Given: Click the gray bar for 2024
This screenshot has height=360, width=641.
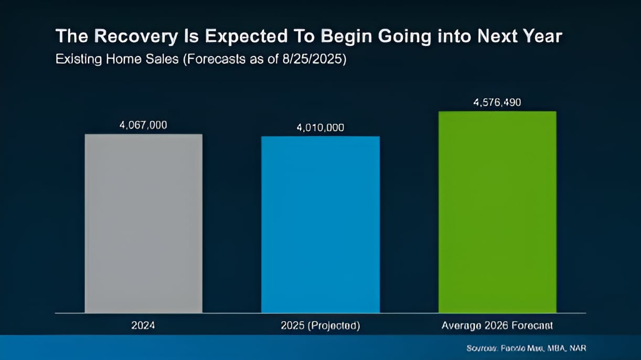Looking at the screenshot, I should [x=143, y=224].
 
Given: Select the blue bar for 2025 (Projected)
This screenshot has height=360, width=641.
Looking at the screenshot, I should [x=320, y=225].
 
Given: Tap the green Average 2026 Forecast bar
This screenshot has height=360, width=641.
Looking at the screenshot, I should [x=497, y=212].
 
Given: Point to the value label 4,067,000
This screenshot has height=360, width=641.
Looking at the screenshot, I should [x=143, y=125].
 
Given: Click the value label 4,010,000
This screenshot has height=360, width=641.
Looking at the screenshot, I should [x=320, y=128].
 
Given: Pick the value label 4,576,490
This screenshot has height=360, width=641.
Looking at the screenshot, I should [x=497, y=102].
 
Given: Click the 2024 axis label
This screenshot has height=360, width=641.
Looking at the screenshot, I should [x=143, y=326].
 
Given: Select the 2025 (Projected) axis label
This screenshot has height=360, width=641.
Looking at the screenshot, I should [x=320, y=326].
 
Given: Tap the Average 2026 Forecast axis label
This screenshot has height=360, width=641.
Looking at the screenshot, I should [x=497, y=326].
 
